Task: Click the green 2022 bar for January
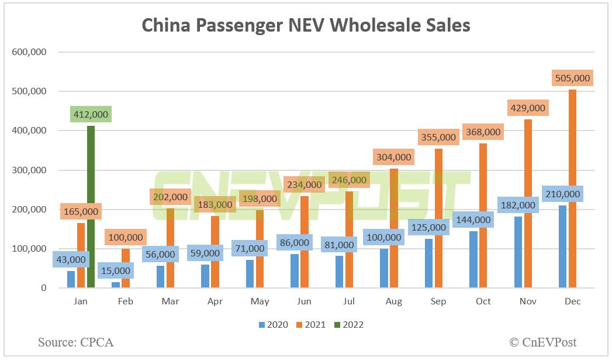coord(91,207)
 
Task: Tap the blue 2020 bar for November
coord(518,252)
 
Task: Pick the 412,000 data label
coord(91,114)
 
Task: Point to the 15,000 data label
coord(115,270)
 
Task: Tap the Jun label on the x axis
coord(304,301)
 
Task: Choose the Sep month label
coord(438,301)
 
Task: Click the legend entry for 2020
coord(272,324)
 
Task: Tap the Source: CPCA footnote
coord(76,342)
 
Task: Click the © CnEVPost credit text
coord(542,342)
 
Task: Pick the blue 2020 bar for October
coord(473,259)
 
